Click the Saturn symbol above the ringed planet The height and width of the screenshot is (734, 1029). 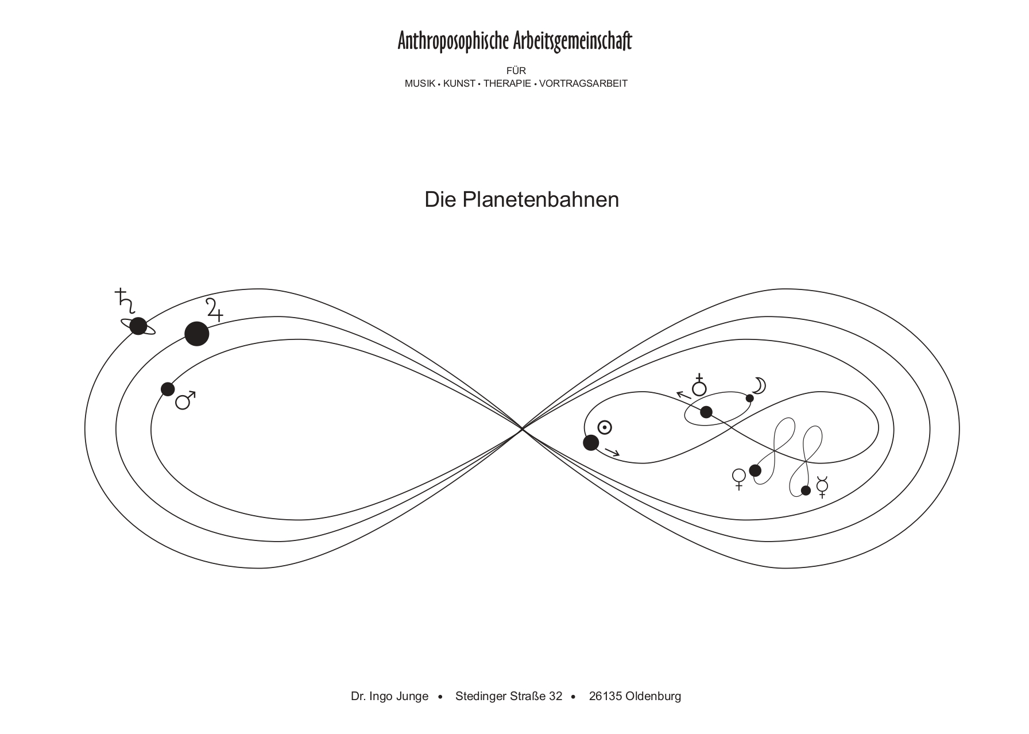pyautogui.click(x=125, y=301)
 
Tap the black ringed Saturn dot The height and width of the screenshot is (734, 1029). pyautogui.click(x=138, y=326)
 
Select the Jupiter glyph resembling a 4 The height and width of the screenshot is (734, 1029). pyautogui.click(x=214, y=310)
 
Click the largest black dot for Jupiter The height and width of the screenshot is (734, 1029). pyautogui.click(x=197, y=334)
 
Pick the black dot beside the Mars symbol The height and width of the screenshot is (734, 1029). pyautogui.click(x=168, y=389)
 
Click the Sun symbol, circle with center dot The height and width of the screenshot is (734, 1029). pyautogui.click(x=605, y=428)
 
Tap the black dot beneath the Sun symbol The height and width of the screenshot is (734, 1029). pyautogui.click(x=591, y=443)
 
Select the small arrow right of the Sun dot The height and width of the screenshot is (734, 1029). pyautogui.click(x=612, y=453)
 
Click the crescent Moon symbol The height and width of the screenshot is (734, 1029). pyautogui.click(x=760, y=385)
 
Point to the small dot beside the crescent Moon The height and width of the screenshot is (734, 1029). pyautogui.click(x=749, y=398)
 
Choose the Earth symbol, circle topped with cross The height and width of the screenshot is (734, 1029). pyautogui.click(x=699, y=385)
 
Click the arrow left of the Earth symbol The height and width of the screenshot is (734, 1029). pyautogui.click(x=683, y=395)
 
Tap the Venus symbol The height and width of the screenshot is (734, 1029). pyautogui.click(x=739, y=479)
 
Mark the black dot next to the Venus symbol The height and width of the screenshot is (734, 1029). pyautogui.click(x=755, y=471)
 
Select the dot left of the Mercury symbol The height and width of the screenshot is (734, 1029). pyautogui.click(x=806, y=490)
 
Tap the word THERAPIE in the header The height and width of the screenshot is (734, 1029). pyautogui.click(x=507, y=83)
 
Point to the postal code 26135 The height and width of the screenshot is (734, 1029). pyautogui.click(x=605, y=696)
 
